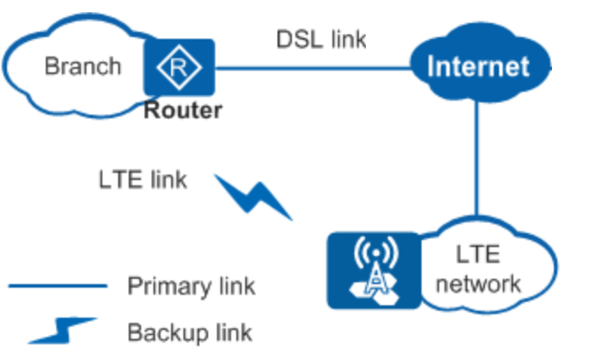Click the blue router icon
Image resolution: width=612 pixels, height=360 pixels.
click(x=180, y=67)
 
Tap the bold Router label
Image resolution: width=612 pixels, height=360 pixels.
click(x=183, y=111)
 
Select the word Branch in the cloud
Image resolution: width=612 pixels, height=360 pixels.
click(x=82, y=65)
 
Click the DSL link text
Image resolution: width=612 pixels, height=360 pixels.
click(x=321, y=39)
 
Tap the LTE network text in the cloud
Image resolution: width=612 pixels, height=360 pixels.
click(x=477, y=269)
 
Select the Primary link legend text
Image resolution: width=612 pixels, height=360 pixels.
click(x=191, y=286)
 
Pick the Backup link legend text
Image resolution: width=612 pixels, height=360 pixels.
click(x=190, y=332)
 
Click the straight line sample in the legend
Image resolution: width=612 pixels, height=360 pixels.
click(x=58, y=286)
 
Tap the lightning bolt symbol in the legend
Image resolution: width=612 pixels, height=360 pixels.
click(x=62, y=330)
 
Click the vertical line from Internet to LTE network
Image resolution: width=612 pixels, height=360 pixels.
click(x=477, y=159)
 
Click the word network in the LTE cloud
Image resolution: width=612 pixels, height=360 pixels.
click(x=477, y=283)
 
